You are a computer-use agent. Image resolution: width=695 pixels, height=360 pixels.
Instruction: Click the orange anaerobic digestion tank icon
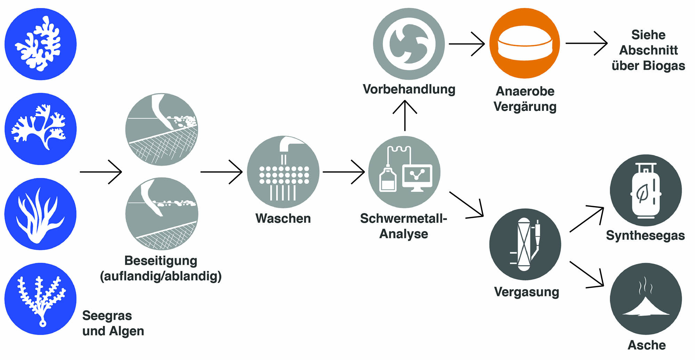click(524, 43)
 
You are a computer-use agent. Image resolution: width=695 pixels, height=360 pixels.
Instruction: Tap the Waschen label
click(283, 219)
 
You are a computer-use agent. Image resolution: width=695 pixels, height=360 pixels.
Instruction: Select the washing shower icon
click(283, 172)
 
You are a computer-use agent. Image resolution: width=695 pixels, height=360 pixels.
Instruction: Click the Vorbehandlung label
click(409, 89)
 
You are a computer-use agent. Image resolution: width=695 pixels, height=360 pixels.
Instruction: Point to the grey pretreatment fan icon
click(409, 44)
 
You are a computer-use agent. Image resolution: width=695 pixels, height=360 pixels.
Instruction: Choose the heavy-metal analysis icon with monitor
click(404, 172)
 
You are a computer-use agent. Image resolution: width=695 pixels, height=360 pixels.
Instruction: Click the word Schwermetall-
click(403, 219)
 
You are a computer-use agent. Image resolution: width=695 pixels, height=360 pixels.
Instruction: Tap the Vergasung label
click(526, 292)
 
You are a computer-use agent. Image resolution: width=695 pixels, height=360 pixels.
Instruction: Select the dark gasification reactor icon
click(525, 244)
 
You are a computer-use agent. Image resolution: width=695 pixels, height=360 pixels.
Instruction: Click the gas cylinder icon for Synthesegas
click(646, 190)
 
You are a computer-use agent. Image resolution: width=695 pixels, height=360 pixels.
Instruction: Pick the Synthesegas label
click(645, 236)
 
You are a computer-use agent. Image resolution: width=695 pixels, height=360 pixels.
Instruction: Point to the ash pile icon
click(646, 299)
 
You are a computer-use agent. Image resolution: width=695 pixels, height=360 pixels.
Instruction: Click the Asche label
click(647, 345)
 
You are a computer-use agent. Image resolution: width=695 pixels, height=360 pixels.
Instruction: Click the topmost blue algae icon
click(41, 44)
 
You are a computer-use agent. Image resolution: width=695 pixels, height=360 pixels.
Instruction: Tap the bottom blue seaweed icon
click(41, 299)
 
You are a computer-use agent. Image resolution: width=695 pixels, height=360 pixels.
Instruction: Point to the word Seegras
click(107, 316)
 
